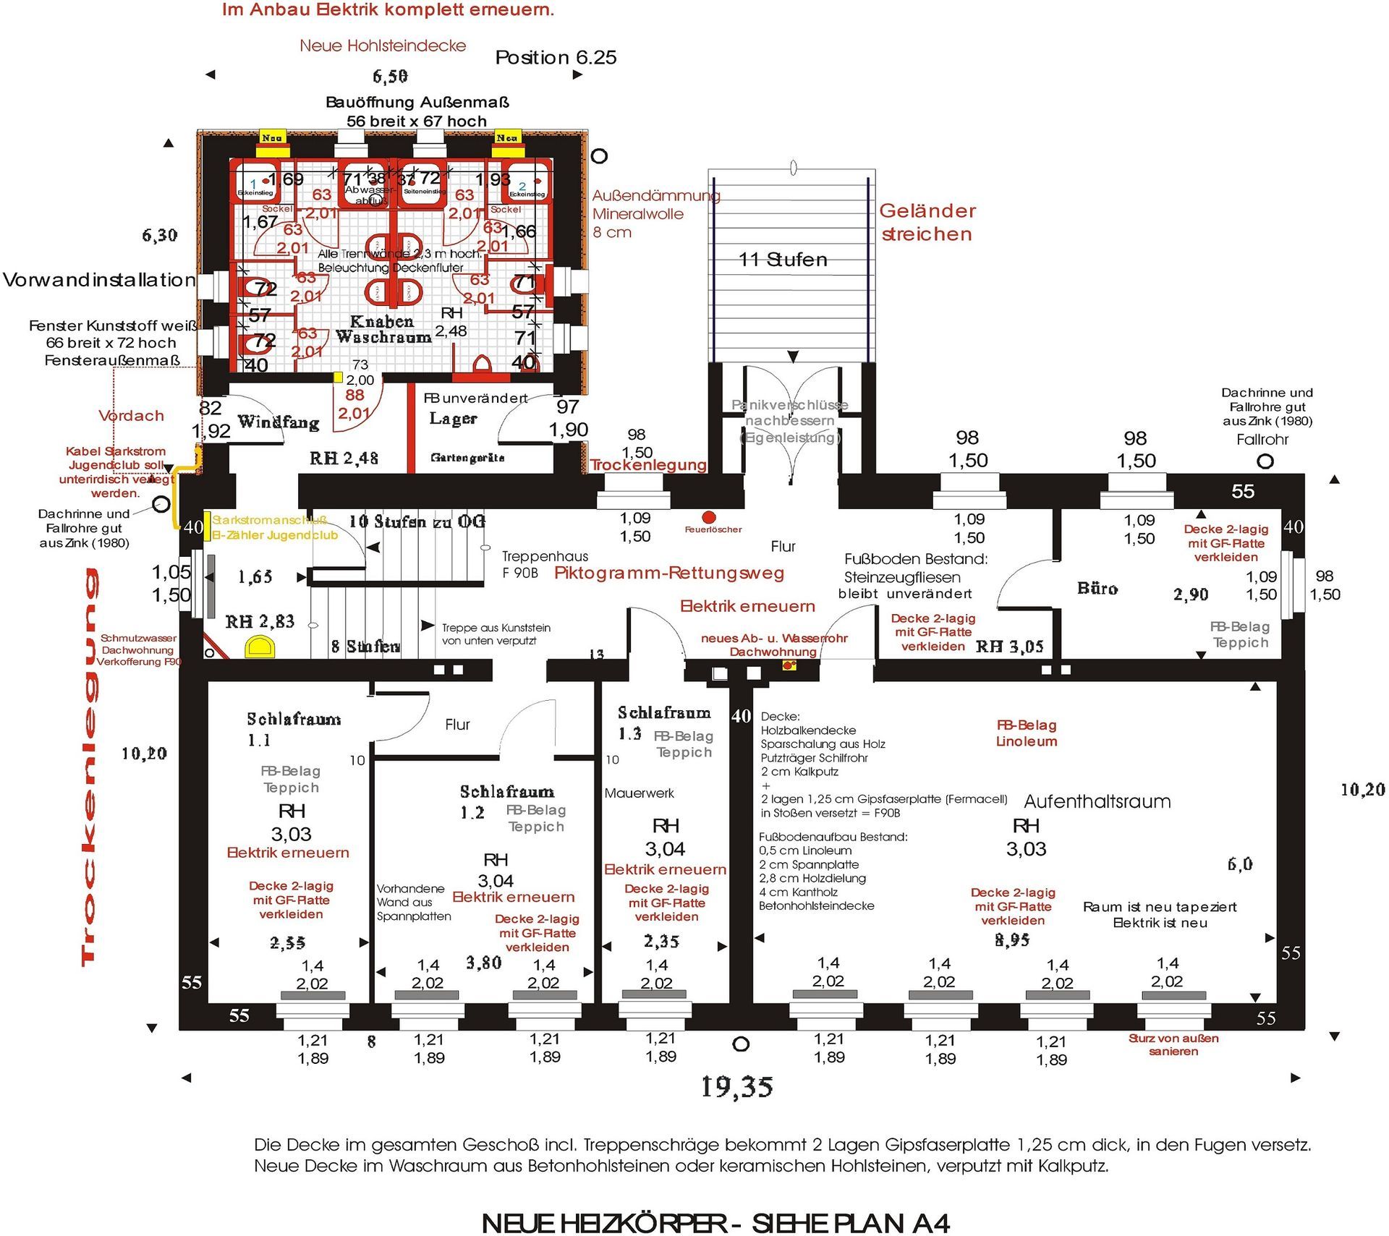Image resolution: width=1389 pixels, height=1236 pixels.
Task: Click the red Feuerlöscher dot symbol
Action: coord(709,517)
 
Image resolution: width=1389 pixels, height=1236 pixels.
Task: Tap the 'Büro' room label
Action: coord(1097,589)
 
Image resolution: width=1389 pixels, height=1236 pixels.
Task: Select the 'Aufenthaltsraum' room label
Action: coord(1097,801)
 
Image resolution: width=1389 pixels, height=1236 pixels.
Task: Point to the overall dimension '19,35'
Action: coord(736,1087)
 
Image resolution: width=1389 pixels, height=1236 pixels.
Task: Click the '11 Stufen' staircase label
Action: coord(782,260)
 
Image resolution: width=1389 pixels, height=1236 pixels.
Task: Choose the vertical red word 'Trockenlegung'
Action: coord(88,767)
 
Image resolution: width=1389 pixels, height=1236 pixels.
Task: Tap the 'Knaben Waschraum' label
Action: coord(383,329)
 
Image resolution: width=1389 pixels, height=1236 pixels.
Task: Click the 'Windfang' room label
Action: coord(279,422)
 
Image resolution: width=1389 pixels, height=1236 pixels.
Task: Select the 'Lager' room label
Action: coord(453,419)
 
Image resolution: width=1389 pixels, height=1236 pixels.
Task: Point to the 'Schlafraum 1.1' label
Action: coord(293,728)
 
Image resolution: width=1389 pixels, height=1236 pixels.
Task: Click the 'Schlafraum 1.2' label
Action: coord(506,801)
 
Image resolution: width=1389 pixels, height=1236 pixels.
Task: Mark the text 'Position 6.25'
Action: coord(556,58)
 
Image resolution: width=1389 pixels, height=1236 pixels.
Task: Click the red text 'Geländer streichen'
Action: coord(927,222)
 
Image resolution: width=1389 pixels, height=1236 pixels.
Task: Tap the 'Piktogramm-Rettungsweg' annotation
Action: coord(669,574)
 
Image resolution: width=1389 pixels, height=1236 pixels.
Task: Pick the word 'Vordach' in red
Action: coord(131,416)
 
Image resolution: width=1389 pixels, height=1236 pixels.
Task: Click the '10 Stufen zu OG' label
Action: coord(417,521)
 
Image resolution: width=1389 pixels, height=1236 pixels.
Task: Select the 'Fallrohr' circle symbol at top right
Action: coord(1265,461)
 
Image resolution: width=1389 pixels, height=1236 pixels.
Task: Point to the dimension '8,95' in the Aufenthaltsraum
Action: coord(1012,940)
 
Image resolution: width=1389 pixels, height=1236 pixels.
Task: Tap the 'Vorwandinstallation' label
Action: coord(99,280)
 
